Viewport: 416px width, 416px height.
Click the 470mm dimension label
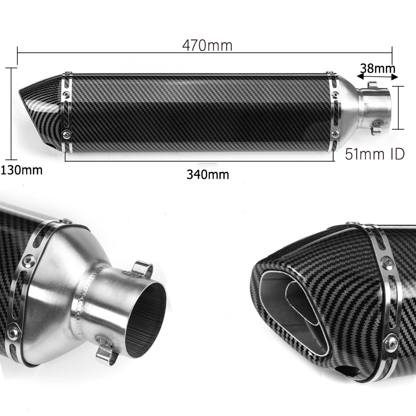(x=207, y=45)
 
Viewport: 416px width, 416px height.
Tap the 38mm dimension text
(x=377, y=68)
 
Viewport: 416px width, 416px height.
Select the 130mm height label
(x=22, y=170)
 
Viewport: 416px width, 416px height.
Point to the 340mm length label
(x=208, y=175)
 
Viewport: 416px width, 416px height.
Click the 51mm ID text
(x=375, y=154)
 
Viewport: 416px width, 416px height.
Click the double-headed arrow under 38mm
(x=377, y=76)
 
